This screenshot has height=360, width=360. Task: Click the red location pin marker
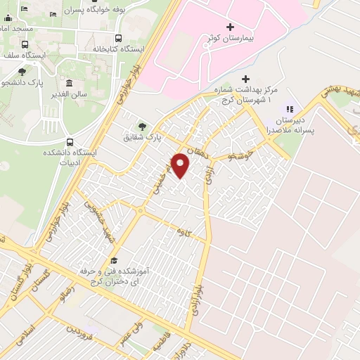(181, 166)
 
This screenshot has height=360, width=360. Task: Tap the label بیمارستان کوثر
(231, 37)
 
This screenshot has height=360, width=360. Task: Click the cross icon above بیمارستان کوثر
(230, 27)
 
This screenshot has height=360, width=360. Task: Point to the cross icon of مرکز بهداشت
(245, 78)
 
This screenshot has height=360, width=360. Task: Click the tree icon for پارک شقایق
(143, 126)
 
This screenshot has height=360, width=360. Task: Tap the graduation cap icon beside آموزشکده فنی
(114, 260)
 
